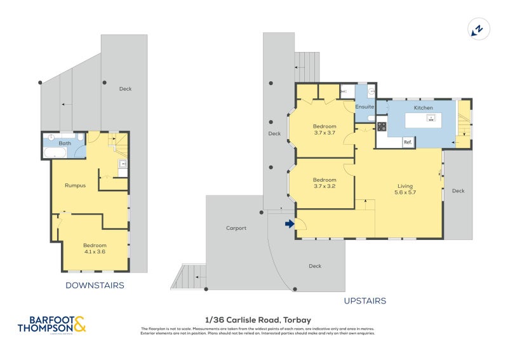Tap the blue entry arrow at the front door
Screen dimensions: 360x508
(290, 223)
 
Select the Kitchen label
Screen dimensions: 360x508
(423, 108)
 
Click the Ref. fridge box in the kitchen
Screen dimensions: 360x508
(408, 143)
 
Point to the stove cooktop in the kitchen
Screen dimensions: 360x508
(382, 126)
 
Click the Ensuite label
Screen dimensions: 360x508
(364, 107)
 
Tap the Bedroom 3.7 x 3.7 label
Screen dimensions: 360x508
(324, 129)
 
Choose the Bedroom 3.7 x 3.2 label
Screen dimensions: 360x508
(324, 183)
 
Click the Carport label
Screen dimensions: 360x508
(236, 228)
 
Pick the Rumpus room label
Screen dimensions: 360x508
(76, 185)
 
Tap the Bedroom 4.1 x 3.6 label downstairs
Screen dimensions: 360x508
(95, 248)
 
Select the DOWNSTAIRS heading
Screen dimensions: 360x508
(95, 286)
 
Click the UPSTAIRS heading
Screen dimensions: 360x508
(364, 301)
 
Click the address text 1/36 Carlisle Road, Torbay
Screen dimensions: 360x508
(257, 320)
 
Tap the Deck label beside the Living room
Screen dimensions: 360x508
(458, 190)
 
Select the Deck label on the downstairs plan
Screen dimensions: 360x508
(126, 89)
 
